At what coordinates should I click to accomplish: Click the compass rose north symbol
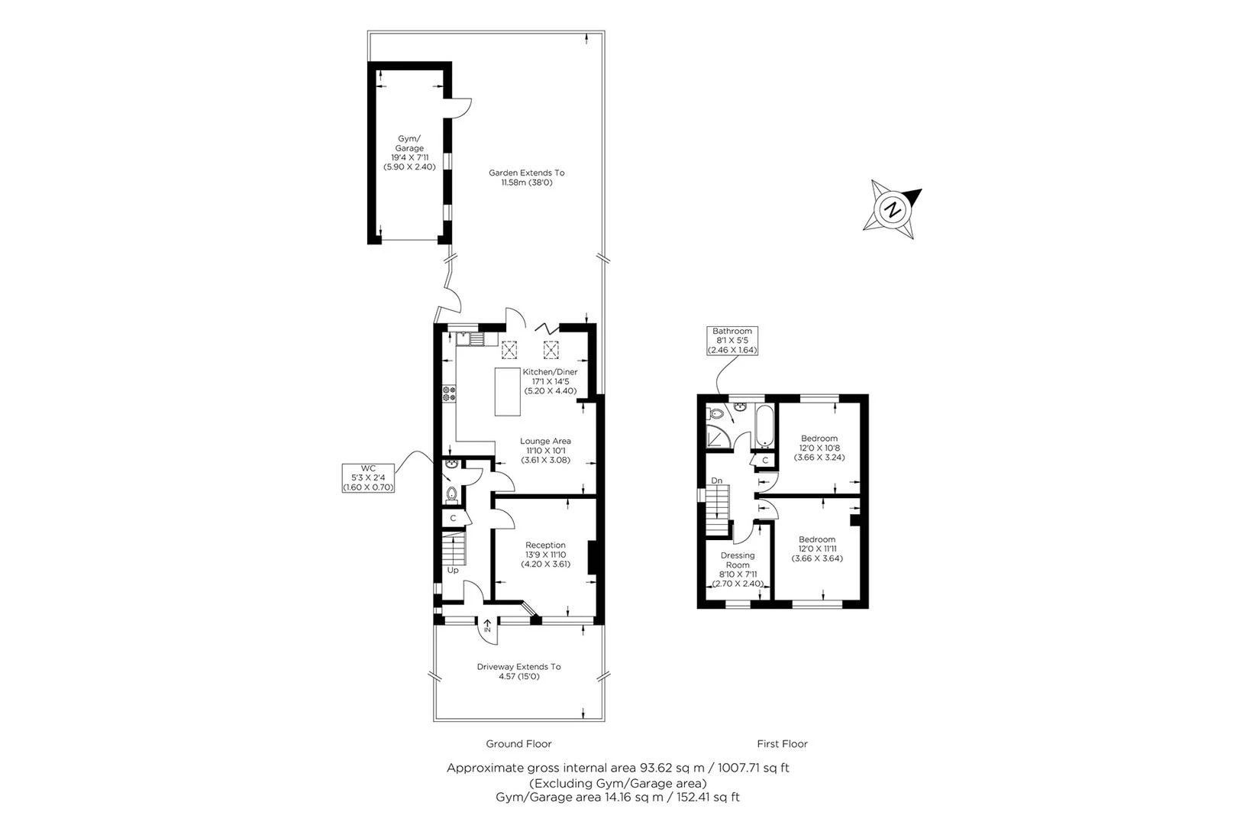pos(891,208)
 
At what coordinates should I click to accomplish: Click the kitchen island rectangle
pos(508,392)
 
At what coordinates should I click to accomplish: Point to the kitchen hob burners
pos(448,393)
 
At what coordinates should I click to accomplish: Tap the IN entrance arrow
pos(487,626)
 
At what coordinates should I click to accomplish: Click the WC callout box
pos(368,477)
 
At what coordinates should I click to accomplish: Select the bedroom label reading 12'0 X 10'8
pos(819,448)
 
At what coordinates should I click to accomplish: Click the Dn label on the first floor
pos(717,480)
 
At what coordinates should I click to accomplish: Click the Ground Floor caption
pos(518,743)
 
